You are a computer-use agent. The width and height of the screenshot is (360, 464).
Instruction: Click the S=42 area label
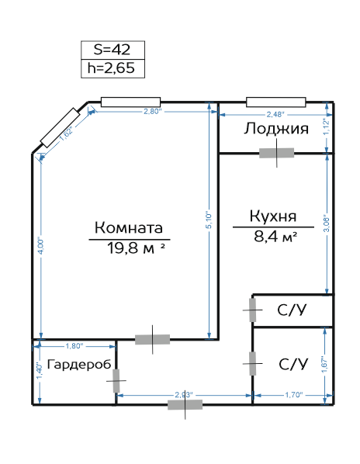[x=112, y=50]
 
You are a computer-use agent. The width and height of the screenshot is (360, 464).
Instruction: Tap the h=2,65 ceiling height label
[x=111, y=68]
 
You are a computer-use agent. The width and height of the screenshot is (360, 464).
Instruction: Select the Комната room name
[x=129, y=227]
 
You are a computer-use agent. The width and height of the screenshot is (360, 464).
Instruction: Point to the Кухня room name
[x=273, y=216]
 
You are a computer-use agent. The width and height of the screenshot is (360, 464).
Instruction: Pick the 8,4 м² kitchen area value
[x=275, y=237]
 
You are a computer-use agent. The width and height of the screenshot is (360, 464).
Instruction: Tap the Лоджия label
[x=276, y=129]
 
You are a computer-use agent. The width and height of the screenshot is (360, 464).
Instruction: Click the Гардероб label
[x=79, y=364]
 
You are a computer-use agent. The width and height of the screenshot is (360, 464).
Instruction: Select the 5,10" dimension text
[x=209, y=220]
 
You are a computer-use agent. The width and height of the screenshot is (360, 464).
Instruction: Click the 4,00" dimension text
[x=41, y=246]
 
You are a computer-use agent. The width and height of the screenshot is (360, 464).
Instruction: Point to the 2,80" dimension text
[x=153, y=112]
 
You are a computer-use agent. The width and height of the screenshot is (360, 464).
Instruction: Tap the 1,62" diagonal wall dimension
[x=66, y=134]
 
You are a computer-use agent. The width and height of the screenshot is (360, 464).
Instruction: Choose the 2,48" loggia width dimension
[x=275, y=114]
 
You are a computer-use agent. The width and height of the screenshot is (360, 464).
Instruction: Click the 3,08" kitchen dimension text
[x=327, y=223]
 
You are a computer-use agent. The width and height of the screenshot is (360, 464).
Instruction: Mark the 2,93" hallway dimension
[x=184, y=394]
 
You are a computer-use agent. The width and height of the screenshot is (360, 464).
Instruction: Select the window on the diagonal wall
[x=61, y=128]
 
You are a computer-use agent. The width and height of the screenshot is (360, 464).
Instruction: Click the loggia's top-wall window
[x=276, y=102]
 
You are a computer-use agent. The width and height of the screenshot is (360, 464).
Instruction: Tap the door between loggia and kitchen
[x=276, y=153]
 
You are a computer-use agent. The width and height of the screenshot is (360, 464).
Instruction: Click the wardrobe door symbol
[x=116, y=381]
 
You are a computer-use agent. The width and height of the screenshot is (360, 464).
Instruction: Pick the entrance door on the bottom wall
[x=185, y=404]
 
